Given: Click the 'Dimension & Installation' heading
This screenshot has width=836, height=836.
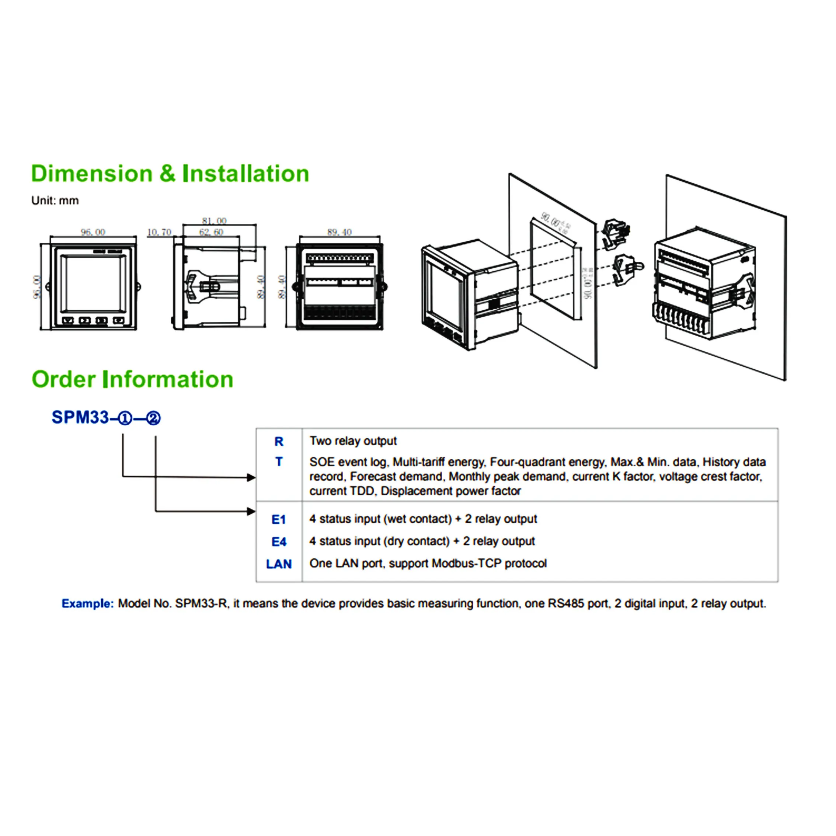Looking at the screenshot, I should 170,174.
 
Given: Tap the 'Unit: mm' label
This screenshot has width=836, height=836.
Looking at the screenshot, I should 55,201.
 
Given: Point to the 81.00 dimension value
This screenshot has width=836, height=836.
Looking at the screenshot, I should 214,221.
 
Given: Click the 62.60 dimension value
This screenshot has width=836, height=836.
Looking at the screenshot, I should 211,232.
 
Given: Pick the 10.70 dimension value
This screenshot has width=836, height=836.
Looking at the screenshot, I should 159,232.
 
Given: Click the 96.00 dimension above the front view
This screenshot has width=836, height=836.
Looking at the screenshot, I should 93,232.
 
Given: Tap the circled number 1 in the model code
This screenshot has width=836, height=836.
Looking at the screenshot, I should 125,418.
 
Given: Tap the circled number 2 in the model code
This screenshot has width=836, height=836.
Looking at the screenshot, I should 153,418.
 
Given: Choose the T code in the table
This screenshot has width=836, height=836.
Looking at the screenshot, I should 279,462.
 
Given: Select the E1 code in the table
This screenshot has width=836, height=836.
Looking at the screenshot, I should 279,519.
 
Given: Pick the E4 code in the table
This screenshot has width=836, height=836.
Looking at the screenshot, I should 279,542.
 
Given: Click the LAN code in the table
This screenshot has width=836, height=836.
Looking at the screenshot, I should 279,564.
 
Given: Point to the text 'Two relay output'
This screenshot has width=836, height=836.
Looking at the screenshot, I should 353,441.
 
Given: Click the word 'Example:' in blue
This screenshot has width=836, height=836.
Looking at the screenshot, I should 87,604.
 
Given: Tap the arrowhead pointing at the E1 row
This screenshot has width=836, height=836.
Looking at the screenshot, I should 251,512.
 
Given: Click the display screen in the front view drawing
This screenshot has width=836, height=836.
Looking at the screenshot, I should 94,284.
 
